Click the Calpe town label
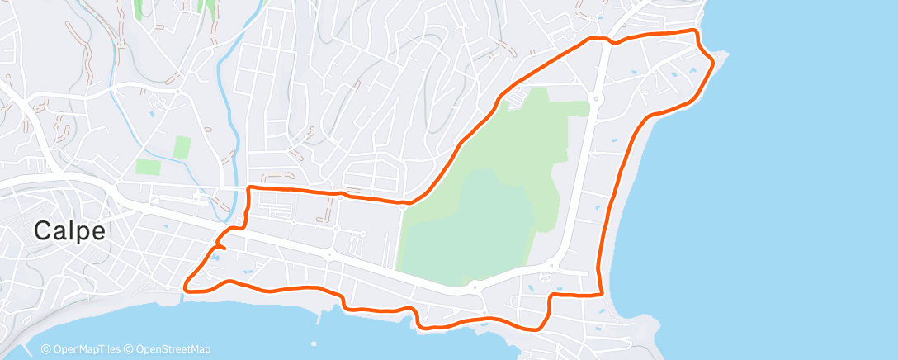point(70,232)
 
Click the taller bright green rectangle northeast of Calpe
point(182,148)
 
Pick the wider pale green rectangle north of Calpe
point(148,167)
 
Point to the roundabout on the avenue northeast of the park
point(594,99)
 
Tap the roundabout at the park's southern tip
point(475,287)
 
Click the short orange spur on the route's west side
point(220,244)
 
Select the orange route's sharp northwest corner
point(248,188)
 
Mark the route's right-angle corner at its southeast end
point(600,293)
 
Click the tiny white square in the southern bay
point(314,342)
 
